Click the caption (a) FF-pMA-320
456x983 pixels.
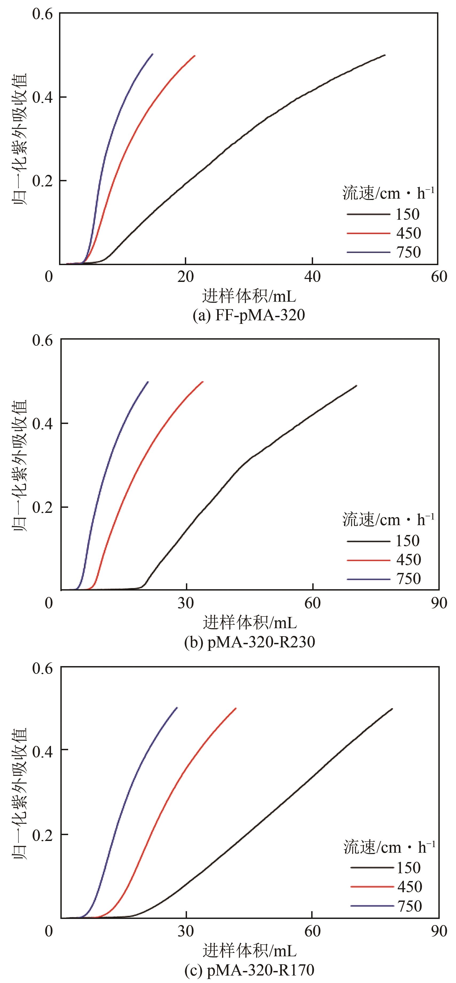click(249, 315)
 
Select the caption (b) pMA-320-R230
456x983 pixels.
click(250, 642)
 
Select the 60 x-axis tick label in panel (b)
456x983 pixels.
click(312, 603)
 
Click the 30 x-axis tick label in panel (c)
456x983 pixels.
click(186, 931)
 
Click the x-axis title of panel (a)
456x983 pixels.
click(249, 296)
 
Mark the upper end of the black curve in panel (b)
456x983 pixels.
click(356, 386)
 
